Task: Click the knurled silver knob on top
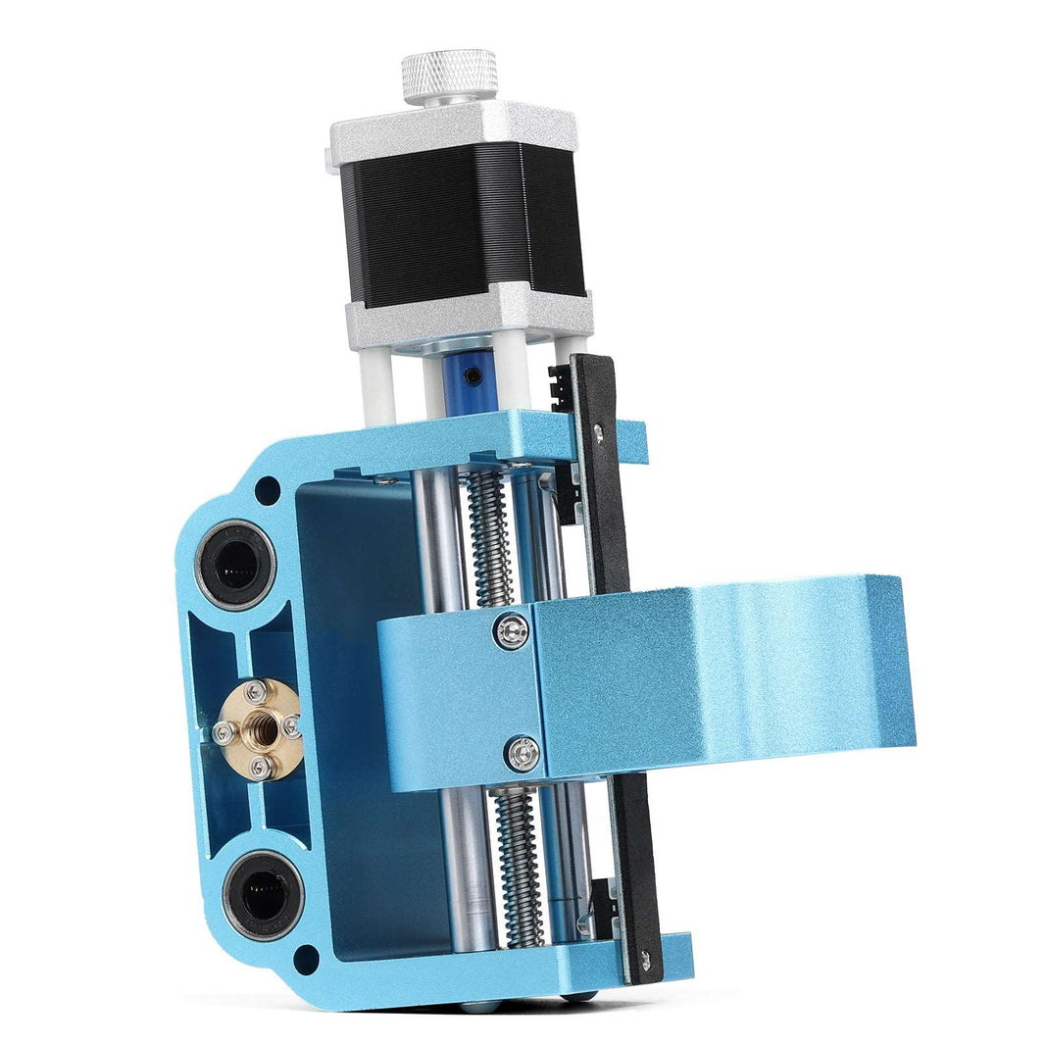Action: (449, 75)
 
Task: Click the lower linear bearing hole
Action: (262, 892)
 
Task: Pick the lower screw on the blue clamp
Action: (521, 753)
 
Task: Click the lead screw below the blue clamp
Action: (518, 863)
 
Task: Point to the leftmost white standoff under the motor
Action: (375, 387)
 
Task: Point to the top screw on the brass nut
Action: (256, 692)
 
